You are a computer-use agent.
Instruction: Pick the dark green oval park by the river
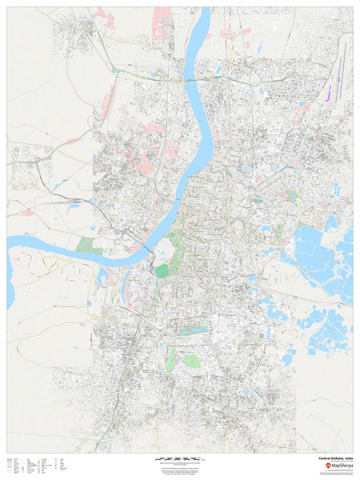point(162,270)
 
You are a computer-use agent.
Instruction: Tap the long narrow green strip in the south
point(170,359)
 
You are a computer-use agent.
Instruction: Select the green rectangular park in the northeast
point(292,195)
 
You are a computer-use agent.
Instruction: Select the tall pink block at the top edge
point(162,24)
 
